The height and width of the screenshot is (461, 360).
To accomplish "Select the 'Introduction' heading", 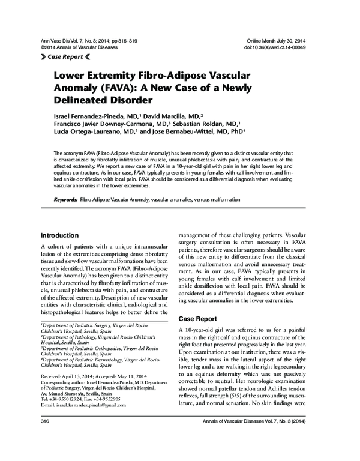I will pos(64,235).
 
